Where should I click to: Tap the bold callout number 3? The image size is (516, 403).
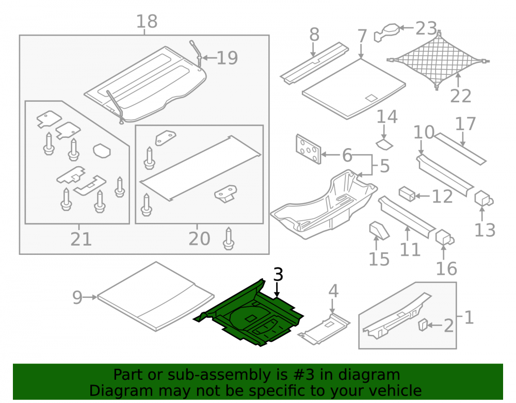[x=278, y=275]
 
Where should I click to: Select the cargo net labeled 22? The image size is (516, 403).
[x=438, y=61]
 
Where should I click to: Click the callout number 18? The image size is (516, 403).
[x=147, y=21]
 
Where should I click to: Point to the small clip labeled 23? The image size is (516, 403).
[x=387, y=32]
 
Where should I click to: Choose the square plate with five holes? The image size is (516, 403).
[x=309, y=149]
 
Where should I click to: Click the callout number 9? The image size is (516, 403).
[x=77, y=297]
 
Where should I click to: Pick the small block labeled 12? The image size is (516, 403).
[x=407, y=194]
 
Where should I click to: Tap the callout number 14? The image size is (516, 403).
[x=387, y=117]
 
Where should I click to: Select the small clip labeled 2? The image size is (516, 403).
[x=423, y=325]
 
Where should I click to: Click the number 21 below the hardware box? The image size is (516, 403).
[x=81, y=239]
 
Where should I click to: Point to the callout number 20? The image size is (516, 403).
[x=199, y=239]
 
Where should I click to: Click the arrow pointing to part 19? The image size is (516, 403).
[x=209, y=58]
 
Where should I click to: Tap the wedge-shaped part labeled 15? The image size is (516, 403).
[x=379, y=230]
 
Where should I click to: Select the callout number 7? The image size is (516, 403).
[x=362, y=36]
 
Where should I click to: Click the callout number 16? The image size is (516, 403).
[x=446, y=269]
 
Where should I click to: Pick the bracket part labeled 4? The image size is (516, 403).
[x=324, y=329]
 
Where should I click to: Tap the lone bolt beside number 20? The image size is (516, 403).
[x=229, y=238]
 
